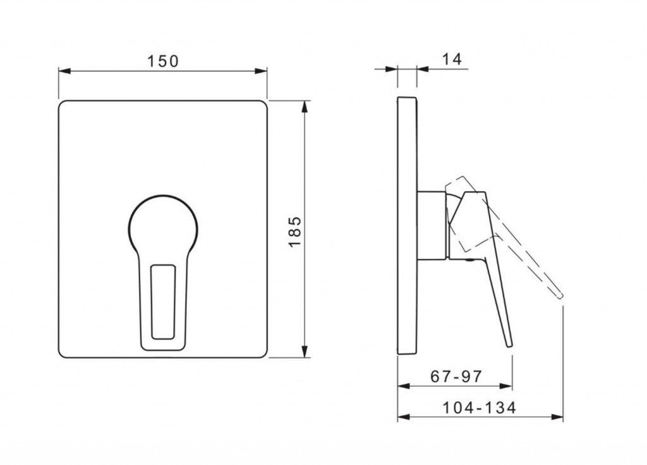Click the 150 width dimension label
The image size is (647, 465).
click(163, 61)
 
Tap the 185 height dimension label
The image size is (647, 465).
click(295, 232)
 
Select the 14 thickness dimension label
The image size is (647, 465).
click(452, 59)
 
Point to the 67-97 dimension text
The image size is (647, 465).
click(456, 376)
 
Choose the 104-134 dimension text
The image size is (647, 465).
click(479, 408)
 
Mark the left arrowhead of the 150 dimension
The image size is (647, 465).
click(64, 71)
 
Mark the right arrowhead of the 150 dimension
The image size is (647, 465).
click(261, 71)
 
